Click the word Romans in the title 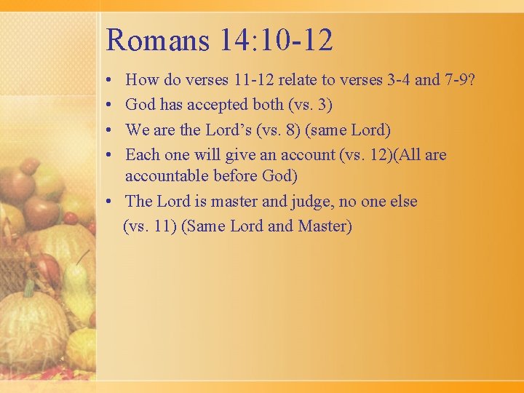pyautogui.click(x=156, y=39)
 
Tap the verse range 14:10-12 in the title pyautogui.click(x=275, y=39)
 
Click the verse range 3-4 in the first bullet pyautogui.click(x=396, y=79)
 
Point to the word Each pyautogui.click(x=142, y=155)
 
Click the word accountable pyautogui.click(x=164, y=176)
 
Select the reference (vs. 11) pyautogui.click(x=149, y=226)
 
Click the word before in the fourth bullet pyautogui.click(x=235, y=176)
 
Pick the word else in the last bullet pyautogui.click(x=402, y=202)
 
